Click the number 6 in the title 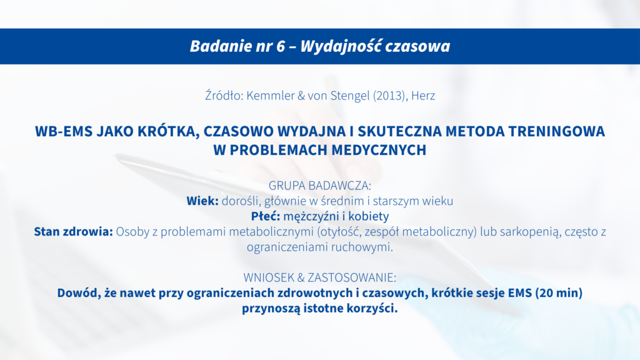[281, 46]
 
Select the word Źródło [224, 95]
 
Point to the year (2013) [390, 96]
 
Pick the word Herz [423, 96]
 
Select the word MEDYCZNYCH [379, 150]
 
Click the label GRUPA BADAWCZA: [320, 186]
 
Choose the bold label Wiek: [202, 201]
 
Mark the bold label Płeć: [265, 216]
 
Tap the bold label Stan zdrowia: [74, 231]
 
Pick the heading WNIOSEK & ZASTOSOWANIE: [320, 277]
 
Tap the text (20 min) [559, 293]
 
